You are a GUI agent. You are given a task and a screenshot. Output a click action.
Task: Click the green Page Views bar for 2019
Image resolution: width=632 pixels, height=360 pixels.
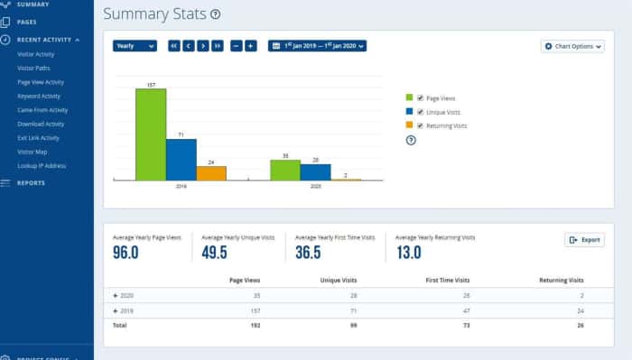(151, 134)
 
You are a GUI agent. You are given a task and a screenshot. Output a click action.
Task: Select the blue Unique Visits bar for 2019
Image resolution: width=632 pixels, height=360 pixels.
(181, 160)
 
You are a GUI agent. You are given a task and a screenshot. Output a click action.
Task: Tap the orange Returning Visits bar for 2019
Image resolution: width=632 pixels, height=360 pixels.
(211, 173)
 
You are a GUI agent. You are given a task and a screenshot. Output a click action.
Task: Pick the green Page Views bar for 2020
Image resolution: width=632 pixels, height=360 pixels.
(285, 170)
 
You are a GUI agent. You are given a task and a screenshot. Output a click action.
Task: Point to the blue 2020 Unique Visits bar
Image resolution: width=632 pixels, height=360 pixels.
(315, 171)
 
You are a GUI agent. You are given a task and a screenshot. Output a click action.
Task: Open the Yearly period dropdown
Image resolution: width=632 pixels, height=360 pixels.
(135, 46)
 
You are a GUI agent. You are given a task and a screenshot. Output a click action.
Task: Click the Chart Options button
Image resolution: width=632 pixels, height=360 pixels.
(572, 46)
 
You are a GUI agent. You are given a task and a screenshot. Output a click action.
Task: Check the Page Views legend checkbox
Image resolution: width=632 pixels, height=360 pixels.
(421, 97)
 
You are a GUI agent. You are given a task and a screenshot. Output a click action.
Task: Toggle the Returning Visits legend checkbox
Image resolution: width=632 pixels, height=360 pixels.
(421, 125)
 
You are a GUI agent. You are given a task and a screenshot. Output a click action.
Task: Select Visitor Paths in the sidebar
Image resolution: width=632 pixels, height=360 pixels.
(35, 68)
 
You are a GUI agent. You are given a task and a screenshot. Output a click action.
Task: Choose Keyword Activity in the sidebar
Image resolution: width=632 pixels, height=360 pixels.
(39, 96)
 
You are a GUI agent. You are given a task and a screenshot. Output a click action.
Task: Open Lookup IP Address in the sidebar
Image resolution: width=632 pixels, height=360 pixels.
(42, 166)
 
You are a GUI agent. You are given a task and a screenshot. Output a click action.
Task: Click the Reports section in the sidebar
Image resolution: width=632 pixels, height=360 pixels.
(31, 183)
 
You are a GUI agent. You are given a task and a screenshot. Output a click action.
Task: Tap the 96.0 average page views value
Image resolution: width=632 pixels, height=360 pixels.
(125, 253)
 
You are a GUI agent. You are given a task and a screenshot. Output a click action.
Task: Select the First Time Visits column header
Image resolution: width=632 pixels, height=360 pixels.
(448, 281)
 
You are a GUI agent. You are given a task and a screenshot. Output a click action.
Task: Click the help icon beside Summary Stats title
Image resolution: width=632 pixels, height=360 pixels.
(215, 15)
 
